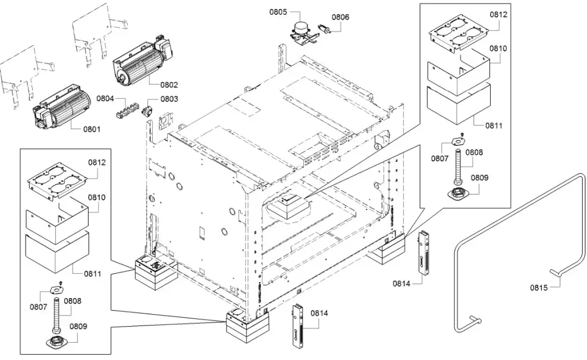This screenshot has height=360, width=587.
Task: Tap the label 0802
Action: pyautogui.click(x=169, y=85)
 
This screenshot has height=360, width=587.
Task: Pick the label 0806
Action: pyautogui.click(x=340, y=17)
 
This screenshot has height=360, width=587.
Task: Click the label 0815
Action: pyautogui.click(x=540, y=289)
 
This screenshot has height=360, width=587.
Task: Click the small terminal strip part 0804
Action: pyautogui.click(x=124, y=111)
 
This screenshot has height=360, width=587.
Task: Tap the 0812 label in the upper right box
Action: pyautogui.click(x=498, y=15)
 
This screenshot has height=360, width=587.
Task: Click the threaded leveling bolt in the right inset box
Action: pyautogui.click(x=459, y=167)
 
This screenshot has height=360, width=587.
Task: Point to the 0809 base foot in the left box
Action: pyautogui.click(x=55, y=341)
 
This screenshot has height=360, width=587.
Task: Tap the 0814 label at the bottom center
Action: pyautogui.click(x=319, y=314)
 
